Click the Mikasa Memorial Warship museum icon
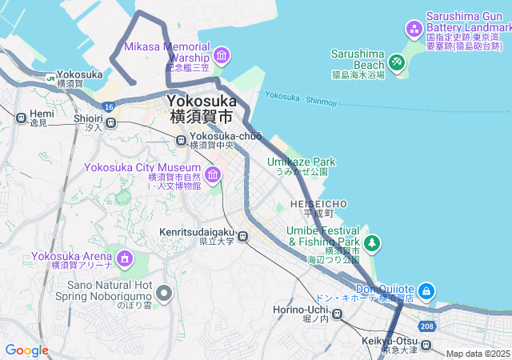(x=222, y=55)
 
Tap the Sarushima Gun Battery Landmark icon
(x=414, y=30)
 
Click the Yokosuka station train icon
(x=50, y=78)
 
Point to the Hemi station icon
(x=20, y=118)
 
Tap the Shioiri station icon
(x=110, y=122)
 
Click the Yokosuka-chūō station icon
(x=182, y=140)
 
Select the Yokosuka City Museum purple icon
(x=213, y=174)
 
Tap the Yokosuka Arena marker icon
(x=125, y=258)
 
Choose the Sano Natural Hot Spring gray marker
(x=165, y=294)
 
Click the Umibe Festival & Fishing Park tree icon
(x=371, y=242)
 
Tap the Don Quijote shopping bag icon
(x=426, y=290)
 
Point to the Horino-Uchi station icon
(x=338, y=314)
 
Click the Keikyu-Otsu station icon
(x=427, y=346)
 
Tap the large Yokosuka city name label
(x=202, y=109)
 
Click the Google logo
(x=26, y=350)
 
